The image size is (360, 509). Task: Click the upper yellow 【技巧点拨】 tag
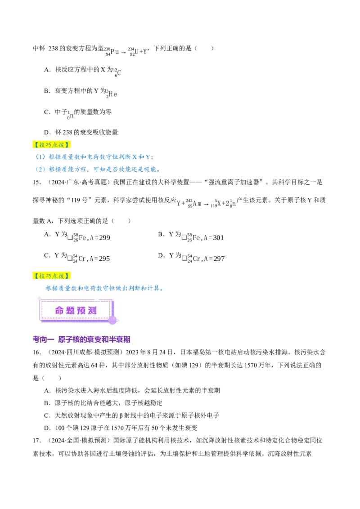pyautogui.click(x=52, y=145)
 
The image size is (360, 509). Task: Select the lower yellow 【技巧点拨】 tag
pyautogui.click(x=52, y=276)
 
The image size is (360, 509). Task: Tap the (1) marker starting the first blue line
pyautogui.click(x=41, y=157)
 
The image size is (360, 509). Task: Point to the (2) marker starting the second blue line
pyautogui.click(x=40, y=170)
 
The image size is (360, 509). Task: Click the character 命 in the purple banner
pyautogui.click(x=60, y=311)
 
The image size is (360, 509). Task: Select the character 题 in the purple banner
pyautogui.click(x=71, y=311)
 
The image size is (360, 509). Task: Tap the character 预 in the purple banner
pyautogui.click(x=82, y=311)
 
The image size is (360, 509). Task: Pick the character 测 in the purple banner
pyautogui.click(x=93, y=311)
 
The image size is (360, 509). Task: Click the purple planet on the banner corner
pyautogui.click(x=112, y=320)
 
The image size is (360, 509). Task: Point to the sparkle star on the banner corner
pyautogui.click(x=39, y=298)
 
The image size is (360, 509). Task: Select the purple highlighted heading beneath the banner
pyautogui.click(x=82, y=340)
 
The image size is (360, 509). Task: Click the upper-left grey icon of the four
pyautogui.click(x=69, y=237)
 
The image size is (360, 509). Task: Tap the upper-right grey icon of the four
pyautogui.click(x=184, y=237)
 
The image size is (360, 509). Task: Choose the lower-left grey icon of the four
pyautogui.click(x=69, y=259)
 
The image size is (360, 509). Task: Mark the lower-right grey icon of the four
pyautogui.click(x=184, y=259)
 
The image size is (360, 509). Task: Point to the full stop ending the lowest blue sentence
pyautogui.click(x=164, y=290)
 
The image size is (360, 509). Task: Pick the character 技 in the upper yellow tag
pyautogui.click(x=41, y=145)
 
